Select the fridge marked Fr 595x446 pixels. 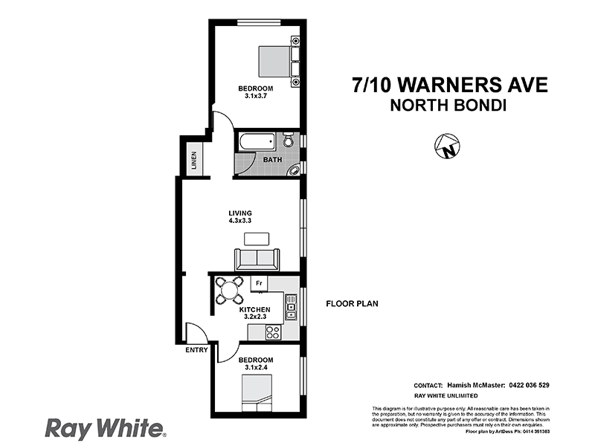(x=259, y=283)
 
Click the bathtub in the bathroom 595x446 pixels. (x=257, y=140)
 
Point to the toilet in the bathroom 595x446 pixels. (x=289, y=140)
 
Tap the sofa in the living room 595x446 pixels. (x=257, y=259)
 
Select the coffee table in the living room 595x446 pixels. (x=257, y=239)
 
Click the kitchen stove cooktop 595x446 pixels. (x=273, y=332)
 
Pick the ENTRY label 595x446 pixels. (x=196, y=351)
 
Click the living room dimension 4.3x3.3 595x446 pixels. (x=239, y=221)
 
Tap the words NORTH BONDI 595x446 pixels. (x=448, y=106)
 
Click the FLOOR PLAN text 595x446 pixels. (x=352, y=304)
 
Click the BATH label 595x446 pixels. (x=271, y=159)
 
